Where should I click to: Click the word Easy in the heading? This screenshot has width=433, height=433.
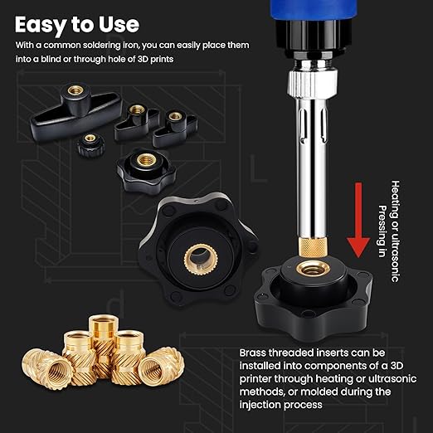tap(41, 25)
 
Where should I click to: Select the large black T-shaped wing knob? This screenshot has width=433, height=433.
tap(75, 111)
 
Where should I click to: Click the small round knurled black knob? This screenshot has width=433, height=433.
tap(90, 145)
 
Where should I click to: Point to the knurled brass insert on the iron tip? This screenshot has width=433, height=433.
tap(313, 247)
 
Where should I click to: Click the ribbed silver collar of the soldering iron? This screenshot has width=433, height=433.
tap(313, 84)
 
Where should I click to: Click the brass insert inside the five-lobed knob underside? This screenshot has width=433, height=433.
tap(201, 260)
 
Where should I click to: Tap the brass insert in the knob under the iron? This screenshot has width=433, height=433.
tap(313, 268)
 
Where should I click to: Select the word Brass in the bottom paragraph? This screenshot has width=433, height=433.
tap(252, 353)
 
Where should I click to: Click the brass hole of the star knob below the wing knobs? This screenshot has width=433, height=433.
tap(146, 159)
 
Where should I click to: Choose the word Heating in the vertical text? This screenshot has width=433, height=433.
tap(396, 197)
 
